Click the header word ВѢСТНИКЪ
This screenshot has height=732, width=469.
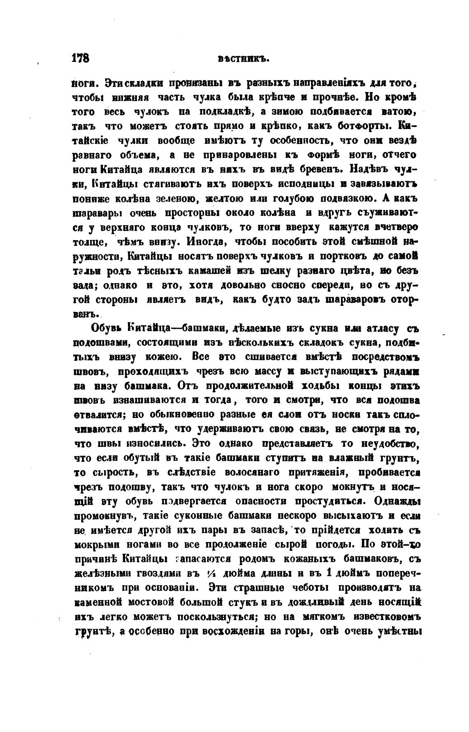click(243, 59)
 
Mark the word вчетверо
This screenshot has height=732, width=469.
click(397, 227)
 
